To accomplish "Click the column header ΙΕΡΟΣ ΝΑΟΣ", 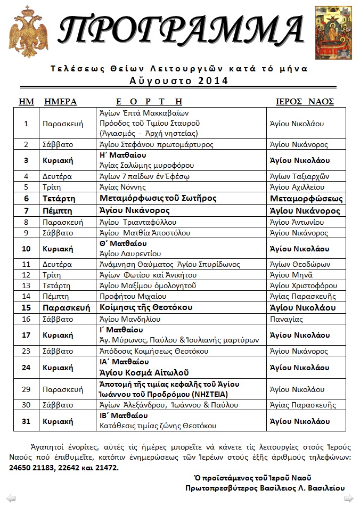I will pyautogui.click(x=304, y=101).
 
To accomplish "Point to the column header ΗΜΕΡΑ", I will pyautogui.click(x=60, y=101).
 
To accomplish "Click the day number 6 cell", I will pyautogui.click(x=26, y=199).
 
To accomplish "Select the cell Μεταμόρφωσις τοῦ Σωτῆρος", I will pyautogui.click(x=157, y=199).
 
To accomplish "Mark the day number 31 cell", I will pyautogui.click(x=26, y=421).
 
